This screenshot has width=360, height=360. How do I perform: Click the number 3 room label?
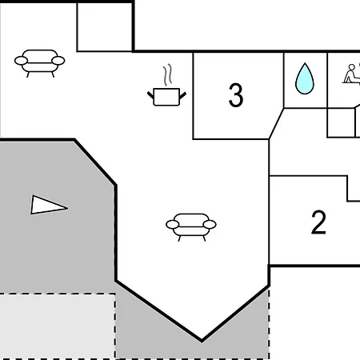tap(236, 95)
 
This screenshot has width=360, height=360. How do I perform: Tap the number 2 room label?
tap(318, 222)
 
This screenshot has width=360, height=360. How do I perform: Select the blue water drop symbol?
tap(305, 78)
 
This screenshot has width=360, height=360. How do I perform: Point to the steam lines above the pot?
tap(167, 74)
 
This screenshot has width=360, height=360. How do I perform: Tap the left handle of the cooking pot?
tap(150, 95)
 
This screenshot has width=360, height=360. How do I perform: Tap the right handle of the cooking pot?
tap(183, 95)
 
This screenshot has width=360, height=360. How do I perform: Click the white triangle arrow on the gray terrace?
tap(49, 205)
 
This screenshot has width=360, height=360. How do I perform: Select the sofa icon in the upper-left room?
tap(40, 63)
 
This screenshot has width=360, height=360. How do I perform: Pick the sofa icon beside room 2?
tap(191, 227)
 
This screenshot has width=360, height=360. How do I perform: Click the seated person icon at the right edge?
tap(351, 74)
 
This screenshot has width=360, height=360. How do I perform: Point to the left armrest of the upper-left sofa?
tap(21, 61)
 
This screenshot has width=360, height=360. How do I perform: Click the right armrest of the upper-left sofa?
tap(58, 61)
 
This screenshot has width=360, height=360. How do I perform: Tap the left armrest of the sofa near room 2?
tap(173, 225)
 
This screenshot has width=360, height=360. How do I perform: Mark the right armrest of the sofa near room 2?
tap(210, 225)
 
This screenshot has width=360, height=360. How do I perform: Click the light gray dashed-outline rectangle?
tap(58, 326)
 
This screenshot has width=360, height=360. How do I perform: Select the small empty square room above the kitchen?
tap(105, 27)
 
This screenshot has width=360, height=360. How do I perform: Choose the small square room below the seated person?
tap(341, 122)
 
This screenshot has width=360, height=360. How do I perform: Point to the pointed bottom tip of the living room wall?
tap(202, 341)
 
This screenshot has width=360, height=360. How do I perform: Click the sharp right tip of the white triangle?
tap(67, 208)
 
